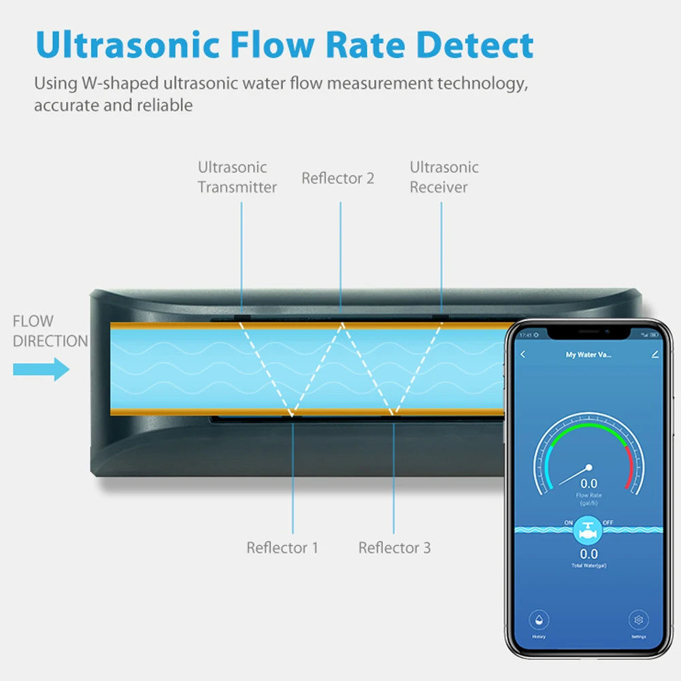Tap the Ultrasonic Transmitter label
point(237,177)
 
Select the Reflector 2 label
point(338,178)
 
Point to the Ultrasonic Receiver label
point(444,177)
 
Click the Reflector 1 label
point(282,548)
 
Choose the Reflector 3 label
point(395,548)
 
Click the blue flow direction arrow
point(41,370)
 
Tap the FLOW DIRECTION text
point(49,331)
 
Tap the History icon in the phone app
point(539,620)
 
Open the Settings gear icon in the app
point(638,620)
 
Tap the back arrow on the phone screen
point(523,354)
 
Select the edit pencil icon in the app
point(654,354)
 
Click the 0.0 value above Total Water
point(588,554)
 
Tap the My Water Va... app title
point(588,354)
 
